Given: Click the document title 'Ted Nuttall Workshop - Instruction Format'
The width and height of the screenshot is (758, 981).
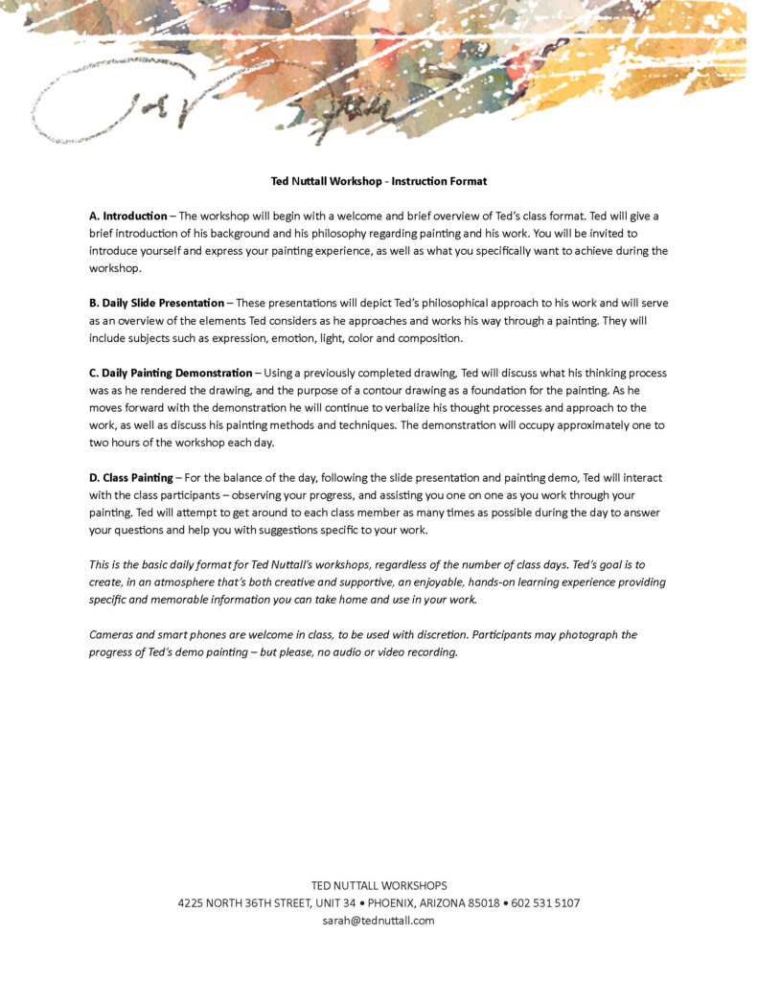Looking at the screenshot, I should [x=379, y=181].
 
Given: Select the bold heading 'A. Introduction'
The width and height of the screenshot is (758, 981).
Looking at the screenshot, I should [x=128, y=217].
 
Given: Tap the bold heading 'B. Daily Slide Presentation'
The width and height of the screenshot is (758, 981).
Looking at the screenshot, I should [x=156, y=304].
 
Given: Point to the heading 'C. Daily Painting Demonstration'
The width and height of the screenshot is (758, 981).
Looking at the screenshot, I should [x=171, y=373].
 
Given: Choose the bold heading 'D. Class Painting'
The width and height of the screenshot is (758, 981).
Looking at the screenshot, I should [x=131, y=477].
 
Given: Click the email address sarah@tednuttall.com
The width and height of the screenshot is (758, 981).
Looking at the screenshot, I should [x=379, y=921].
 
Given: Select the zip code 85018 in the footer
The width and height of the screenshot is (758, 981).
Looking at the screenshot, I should [x=481, y=903].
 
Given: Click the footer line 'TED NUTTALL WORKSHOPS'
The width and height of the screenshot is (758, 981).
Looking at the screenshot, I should [x=379, y=886].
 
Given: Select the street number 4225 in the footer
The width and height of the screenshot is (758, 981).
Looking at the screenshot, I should [x=193, y=903].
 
